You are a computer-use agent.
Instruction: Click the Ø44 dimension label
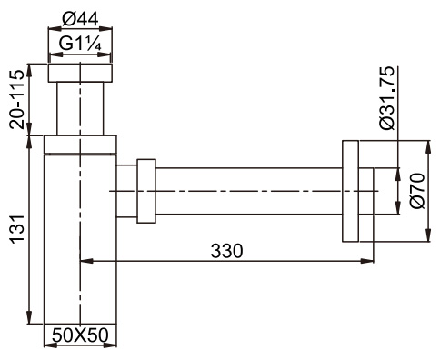click(x=80, y=20)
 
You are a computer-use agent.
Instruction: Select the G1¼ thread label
click(x=80, y=44)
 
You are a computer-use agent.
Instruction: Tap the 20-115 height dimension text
click(x=17, y=100)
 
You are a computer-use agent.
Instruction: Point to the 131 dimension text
click(x=17, y=229)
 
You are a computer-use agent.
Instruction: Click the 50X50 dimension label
click(x=80, y=335)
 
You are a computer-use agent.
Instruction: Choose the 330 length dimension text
click(x=227, y=251)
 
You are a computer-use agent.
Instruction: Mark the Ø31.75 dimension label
click(x=387, y=98)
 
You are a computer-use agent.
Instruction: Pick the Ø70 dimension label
click(x=418, y=191)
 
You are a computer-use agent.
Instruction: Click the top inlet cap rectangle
click(x=80, y=73)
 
